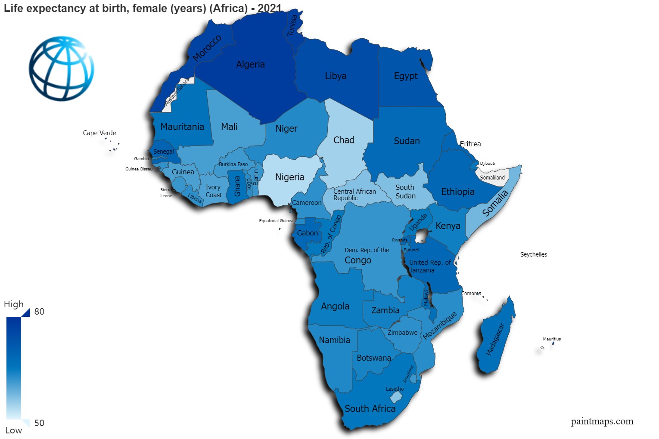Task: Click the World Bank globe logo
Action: pos(62,68)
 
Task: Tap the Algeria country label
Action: pos(250,65)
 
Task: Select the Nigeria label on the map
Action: pos(289,177)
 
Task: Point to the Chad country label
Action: pos(344,140)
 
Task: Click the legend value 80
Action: pos(39,312)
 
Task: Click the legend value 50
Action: pos(39,423)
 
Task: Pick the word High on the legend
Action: pos(14,304)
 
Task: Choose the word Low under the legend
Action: pos(14,430)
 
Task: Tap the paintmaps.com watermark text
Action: pos(602,421)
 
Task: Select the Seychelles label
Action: pos(533,254)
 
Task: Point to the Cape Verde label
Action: pos(99,133)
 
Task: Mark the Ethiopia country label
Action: pos(457,192)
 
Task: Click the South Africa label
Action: pos(370,409)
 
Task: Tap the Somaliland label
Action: pos(492,178)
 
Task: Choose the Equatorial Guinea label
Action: pos(276,221)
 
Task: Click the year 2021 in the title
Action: pos(270,8)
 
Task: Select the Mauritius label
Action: pos(552,339)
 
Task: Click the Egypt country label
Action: pos(406,76)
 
